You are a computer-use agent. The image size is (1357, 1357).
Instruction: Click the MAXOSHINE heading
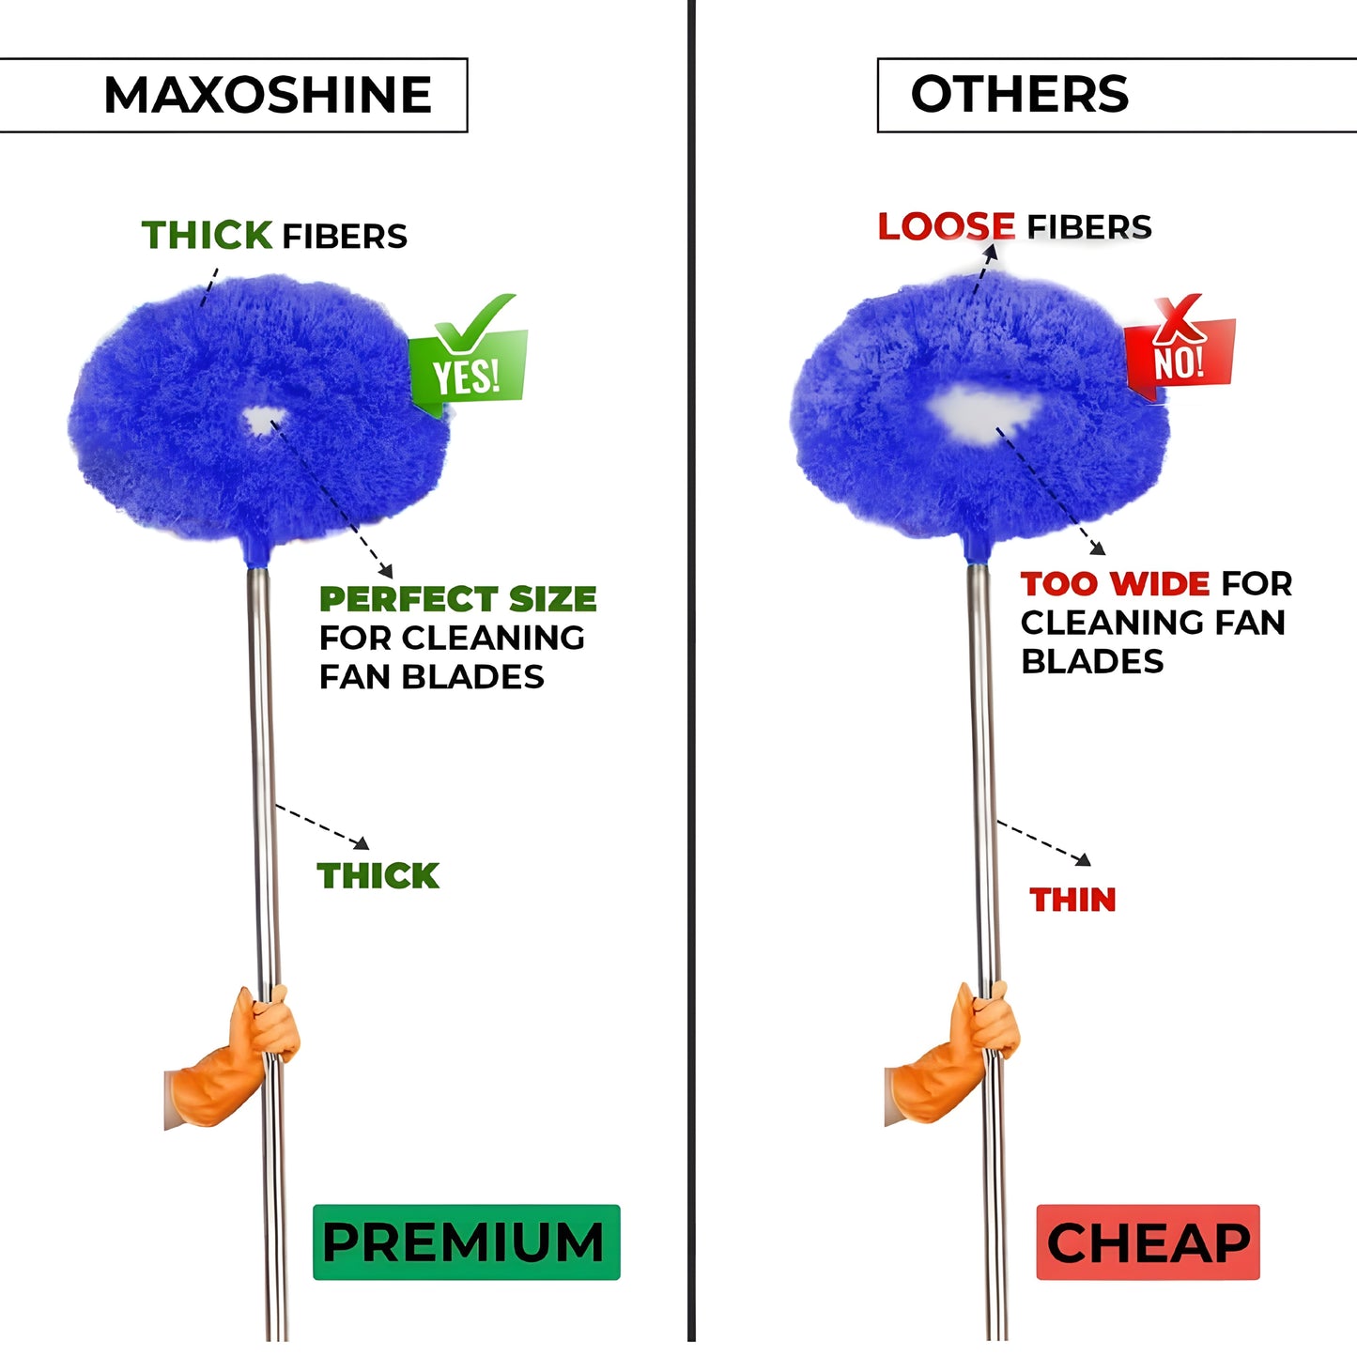[x=268, y=95]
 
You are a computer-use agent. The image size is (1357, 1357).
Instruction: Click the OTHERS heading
[x=1020, y=94]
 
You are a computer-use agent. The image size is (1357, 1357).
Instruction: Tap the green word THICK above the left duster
[x=207, y=235]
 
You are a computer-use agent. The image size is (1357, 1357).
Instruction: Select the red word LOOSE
[x=946, y=226]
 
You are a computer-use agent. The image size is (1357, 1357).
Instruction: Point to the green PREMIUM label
[x=466, y=1242]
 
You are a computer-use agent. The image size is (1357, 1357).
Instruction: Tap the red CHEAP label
[x=1148, y=1242]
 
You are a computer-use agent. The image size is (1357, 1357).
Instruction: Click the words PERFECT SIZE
[x=457, y=599]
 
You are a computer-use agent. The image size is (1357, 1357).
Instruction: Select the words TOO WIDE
[x=1115, y=584]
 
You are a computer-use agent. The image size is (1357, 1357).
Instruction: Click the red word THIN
[x=1072, y=900]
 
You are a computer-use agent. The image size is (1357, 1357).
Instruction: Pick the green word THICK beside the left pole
[x=378, y=876]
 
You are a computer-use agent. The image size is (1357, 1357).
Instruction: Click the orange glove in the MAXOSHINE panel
[x=232, y=1057]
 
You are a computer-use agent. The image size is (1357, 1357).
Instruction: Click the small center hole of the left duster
[x=263, y=421]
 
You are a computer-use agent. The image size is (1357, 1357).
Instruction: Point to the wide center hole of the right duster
[x=983, y=414]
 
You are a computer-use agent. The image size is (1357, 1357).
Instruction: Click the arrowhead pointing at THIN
[x=1085, y=859]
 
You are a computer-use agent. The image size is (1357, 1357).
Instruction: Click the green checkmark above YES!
[x=476, y=322]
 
